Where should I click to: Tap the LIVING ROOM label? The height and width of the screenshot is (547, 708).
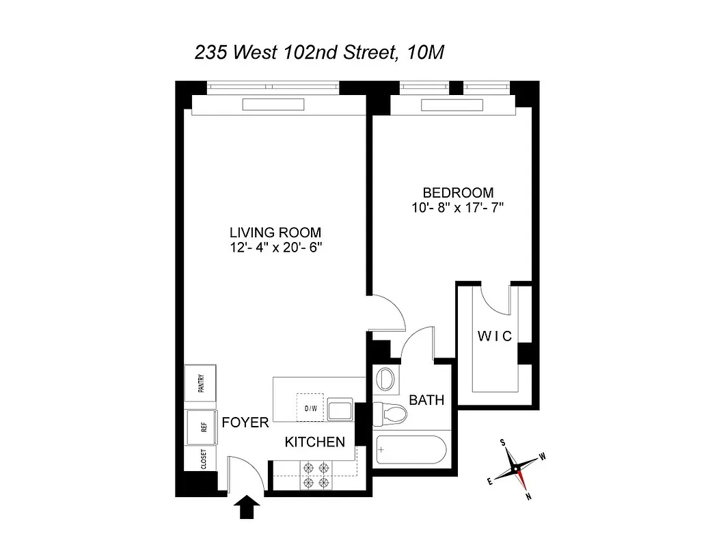275,232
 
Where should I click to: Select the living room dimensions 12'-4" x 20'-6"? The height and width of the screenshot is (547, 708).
275,248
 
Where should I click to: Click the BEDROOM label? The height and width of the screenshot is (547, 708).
458,193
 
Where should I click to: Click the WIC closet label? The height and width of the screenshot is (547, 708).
494,336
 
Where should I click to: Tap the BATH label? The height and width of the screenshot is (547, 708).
426,400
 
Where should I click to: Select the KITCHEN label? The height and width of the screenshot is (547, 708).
314,442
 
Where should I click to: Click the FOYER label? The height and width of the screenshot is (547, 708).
245,423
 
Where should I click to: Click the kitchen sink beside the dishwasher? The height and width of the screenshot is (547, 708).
340,410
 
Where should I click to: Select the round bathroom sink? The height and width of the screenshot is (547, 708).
386,379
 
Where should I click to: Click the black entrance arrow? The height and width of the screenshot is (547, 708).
247,507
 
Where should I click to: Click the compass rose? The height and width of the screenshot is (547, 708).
517,470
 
